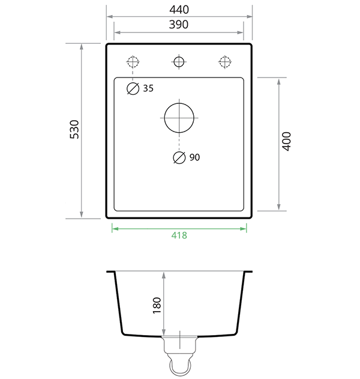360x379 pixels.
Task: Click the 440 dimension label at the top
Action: [179, 10]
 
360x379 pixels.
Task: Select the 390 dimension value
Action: [179, 24]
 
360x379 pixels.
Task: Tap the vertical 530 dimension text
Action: [74, 130]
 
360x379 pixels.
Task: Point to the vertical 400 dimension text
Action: [286, 141]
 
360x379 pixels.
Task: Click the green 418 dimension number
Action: [179, 235]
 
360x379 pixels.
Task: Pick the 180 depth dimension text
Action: [157, 305]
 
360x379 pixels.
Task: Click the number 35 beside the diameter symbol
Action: [148, 88]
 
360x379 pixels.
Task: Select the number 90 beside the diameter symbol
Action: [194, 157]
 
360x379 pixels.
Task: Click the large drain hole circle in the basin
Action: [179, 117]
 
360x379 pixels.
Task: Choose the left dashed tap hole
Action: [133, 61]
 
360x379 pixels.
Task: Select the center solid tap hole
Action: [179, 61]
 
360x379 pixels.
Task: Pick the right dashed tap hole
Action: [225, 61]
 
